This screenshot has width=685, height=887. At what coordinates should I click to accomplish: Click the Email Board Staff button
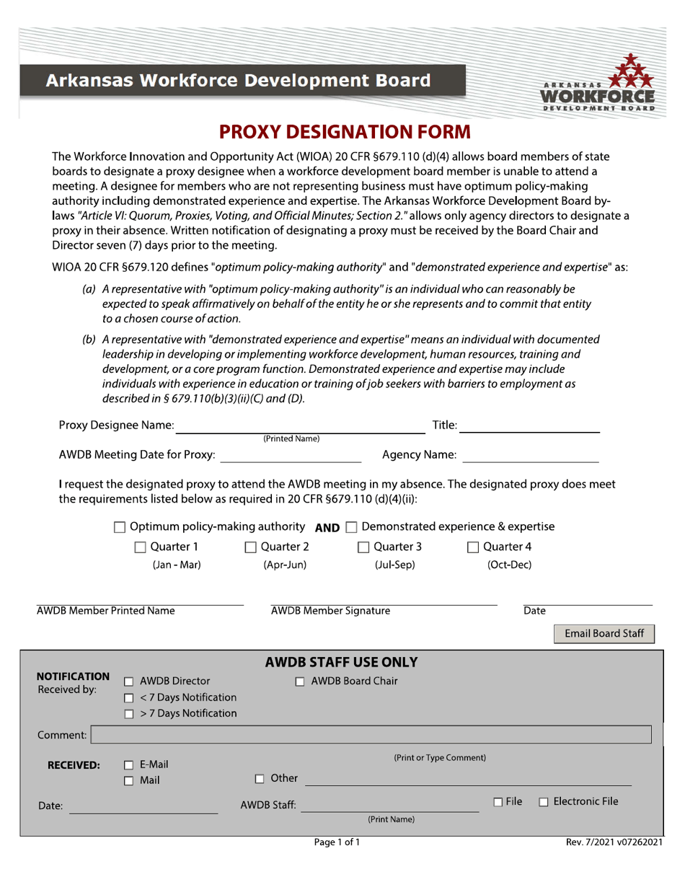[x=604, y=634]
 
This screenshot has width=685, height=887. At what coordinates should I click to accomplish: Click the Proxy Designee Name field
[x=301, y=425]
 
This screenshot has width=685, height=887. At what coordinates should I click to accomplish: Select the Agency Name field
[x=529, y=454]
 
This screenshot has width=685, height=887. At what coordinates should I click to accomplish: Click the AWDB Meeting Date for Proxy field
[x=290, y=454]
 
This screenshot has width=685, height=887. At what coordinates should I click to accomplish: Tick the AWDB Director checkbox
[x=128, y=681]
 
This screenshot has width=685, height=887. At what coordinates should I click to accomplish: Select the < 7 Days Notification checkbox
[x=128, y=698]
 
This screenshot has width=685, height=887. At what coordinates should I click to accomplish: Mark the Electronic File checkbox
[x=544, y=802]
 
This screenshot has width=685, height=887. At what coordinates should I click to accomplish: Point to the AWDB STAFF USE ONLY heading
[x=342, y=662]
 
